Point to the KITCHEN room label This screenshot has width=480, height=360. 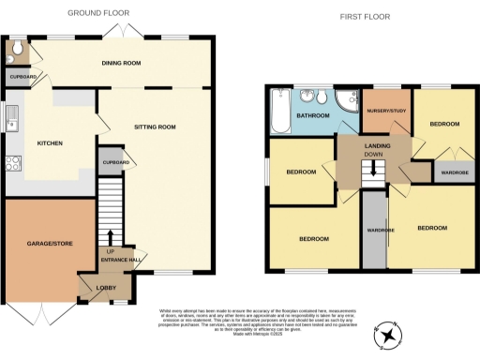[x=50, y=143]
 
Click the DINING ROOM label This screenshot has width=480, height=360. [x=121, y=63]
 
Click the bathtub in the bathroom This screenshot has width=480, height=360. [x=277, y=112]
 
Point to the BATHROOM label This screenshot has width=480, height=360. [x=311, y=116]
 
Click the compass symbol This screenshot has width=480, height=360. [x=387, y=334]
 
